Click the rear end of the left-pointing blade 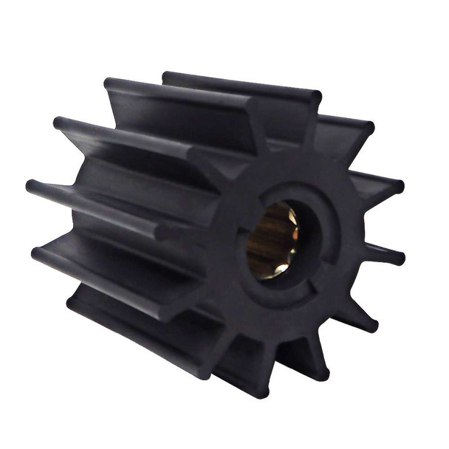(33, 185)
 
